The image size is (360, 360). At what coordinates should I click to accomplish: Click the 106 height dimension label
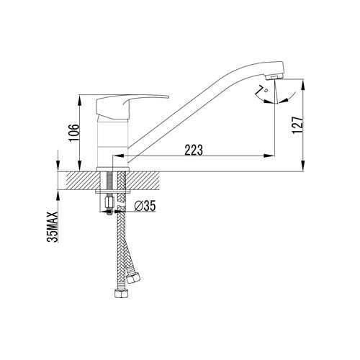click(74, 132)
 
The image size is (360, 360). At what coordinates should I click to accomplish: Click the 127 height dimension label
click(297, 125)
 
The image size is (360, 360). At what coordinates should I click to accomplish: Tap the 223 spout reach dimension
click(194, 150)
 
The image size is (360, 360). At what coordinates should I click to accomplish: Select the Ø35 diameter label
click(145, 206)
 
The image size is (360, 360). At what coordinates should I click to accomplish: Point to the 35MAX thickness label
click(53, 227)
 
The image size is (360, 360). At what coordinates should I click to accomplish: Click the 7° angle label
click(261, 89)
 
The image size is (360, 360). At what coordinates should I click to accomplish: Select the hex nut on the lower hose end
click(122, 294)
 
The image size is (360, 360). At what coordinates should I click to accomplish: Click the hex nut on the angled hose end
click(133, 279)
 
